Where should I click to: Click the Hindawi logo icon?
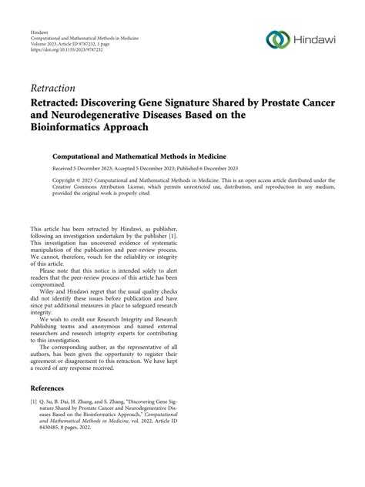pyautogui.click(x=277, y=39)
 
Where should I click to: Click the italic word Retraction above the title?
pyautogui.click(x=53, y=88)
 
